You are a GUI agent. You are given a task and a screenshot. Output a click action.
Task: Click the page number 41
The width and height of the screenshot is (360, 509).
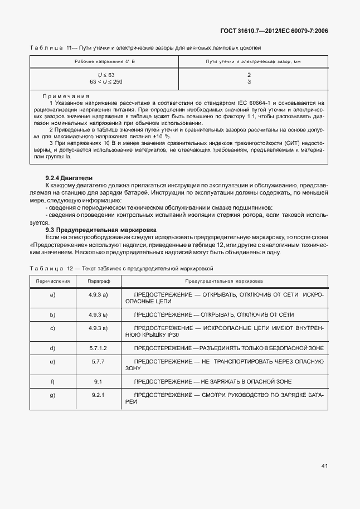pos(324,464)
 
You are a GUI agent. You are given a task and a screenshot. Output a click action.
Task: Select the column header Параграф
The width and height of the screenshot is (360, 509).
pos(98,282)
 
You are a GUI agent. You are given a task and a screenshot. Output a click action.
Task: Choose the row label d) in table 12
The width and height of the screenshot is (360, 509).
pos(52,348)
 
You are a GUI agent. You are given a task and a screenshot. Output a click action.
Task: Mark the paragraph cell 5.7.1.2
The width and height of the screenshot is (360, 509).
pos(98,348)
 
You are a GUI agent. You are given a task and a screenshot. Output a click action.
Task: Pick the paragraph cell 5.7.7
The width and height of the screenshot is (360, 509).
pos(98,362)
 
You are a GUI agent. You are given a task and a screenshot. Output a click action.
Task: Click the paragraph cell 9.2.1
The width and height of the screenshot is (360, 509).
pos(98,395)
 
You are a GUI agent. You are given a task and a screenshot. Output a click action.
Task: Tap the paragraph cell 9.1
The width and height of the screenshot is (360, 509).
pos(98,381)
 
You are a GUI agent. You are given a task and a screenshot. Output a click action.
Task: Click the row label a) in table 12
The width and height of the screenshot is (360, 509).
pos(52,294)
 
